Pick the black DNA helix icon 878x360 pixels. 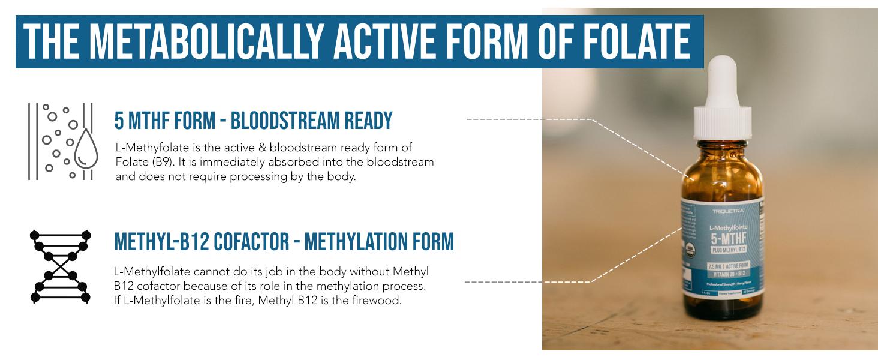60,266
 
